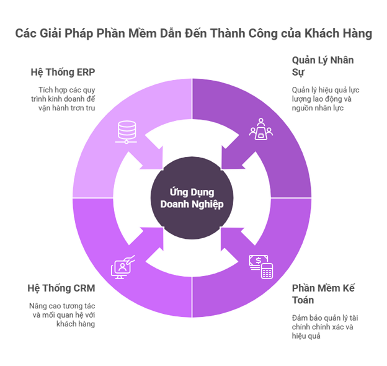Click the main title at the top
[193, 33]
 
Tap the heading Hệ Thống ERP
[63, 73]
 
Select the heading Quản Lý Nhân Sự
[323, 66]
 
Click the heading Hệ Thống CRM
[61, 288]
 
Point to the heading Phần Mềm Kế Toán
[323, 294]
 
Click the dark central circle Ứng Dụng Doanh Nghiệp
[192, 198]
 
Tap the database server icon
[127, 132]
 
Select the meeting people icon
[261, 129]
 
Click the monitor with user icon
[123, 267]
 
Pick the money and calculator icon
[261, 267]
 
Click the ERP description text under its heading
[63, 99]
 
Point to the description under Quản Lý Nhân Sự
[326, 99]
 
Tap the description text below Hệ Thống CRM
[62, 315]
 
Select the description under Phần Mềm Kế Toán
[325, 327]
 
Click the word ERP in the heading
[86, 73]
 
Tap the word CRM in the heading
[84, 288]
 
